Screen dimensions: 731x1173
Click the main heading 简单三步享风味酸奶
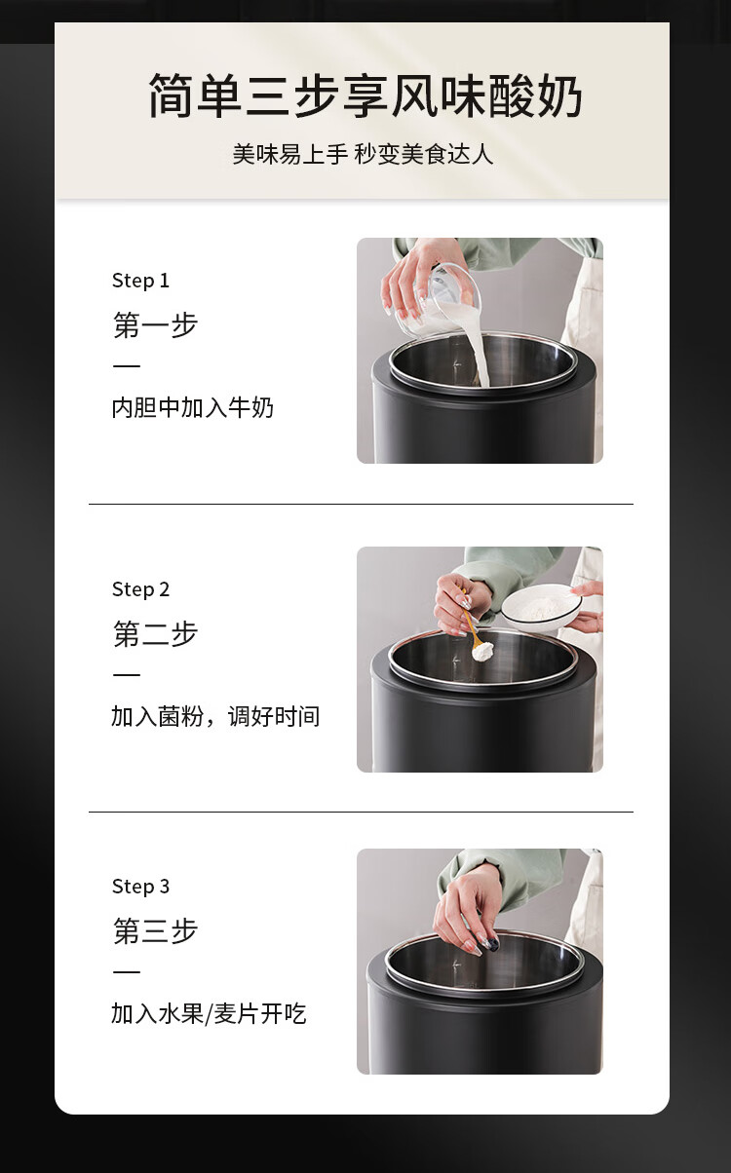pos(365,95)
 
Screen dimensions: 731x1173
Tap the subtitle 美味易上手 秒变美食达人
pos(364,155)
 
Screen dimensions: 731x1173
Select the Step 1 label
pos(141,282)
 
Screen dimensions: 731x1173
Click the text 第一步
pos(155,324)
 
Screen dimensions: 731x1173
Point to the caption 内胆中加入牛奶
pos(192,407)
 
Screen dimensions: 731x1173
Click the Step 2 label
pos(141,589)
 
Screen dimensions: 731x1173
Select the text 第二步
pos(155,633)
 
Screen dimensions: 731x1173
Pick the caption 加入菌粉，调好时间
pos(215,716)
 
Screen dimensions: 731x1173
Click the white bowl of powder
pos(541,609)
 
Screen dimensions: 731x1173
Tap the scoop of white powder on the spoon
pos(482,651)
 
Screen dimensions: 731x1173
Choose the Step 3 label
pos(141,887)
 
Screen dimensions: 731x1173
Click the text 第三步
pos(155,930)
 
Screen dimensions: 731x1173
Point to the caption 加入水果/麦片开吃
pos(209,1013)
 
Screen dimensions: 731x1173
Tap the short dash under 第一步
pos(127,365)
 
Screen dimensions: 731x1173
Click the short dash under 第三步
pos(127,972)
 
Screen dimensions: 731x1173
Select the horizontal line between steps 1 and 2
pos(361,504)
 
